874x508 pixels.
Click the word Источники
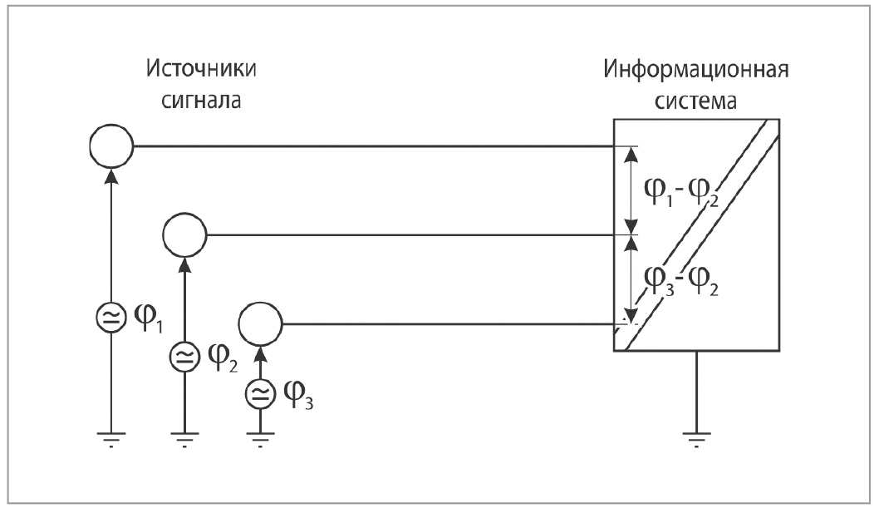coord(201,68)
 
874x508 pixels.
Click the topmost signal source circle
coord(110,147)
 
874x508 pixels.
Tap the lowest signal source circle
coord(260,323)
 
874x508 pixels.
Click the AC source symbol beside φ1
coord(110,318)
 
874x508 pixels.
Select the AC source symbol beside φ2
coord(184,358)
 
